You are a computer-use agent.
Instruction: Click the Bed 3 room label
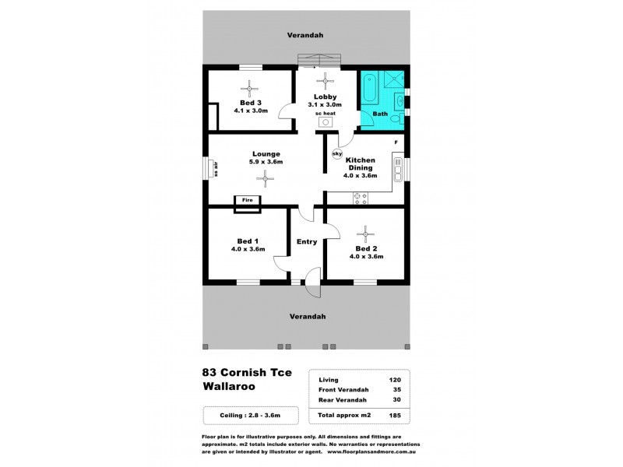click(x=250, y=103)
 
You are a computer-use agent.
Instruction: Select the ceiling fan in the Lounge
click(x=266, y=179)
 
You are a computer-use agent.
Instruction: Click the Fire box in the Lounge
click(x=248, y=201)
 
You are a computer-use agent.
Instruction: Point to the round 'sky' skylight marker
click(x=337, y=154)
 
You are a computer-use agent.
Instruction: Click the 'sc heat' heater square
click(x=326, y=122)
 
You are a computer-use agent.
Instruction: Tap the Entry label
click(x=306, y=241)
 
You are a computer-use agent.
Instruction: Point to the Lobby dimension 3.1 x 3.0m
click(x=325, y=104)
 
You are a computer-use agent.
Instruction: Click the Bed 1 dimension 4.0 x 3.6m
click(x=248, y=249)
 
